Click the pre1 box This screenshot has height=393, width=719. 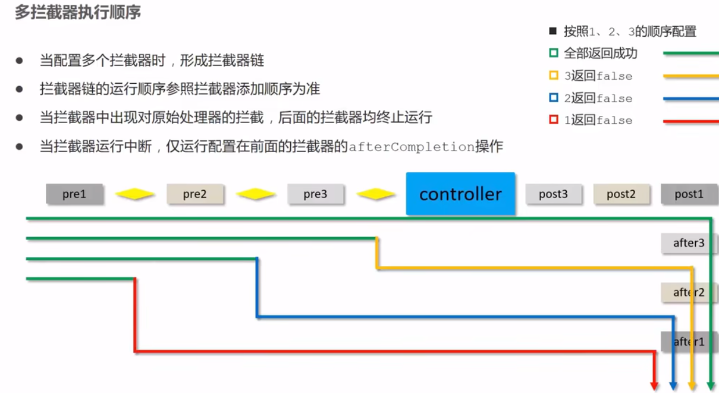coord(74,194)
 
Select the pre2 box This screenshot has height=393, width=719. coord(195,194)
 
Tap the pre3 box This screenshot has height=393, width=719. coord(315,194)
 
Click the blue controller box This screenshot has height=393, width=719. coord(460,194)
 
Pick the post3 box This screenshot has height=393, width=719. coord(553,194)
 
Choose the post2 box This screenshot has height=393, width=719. coord(621,194)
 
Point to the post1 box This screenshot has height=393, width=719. coord(689,194)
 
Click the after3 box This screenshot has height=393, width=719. coord(689,243)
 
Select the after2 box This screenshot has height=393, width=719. coord(689,292)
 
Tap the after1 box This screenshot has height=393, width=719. coord(689,341)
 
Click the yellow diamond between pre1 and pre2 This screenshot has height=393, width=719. coord(135,194)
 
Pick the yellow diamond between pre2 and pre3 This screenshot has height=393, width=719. coord(256,194)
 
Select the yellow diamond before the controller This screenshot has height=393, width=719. coord(376,194)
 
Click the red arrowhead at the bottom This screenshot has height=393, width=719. coord(654,386)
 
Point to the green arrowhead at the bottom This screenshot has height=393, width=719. coord(711,386)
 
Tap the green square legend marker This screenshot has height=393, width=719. coord(554,54)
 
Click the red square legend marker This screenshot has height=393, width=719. coord(554,120)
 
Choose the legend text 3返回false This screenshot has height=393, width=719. coord(598,76)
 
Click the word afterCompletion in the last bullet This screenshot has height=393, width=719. coord(411,147)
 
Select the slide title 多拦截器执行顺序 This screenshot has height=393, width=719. coord(78,12)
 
